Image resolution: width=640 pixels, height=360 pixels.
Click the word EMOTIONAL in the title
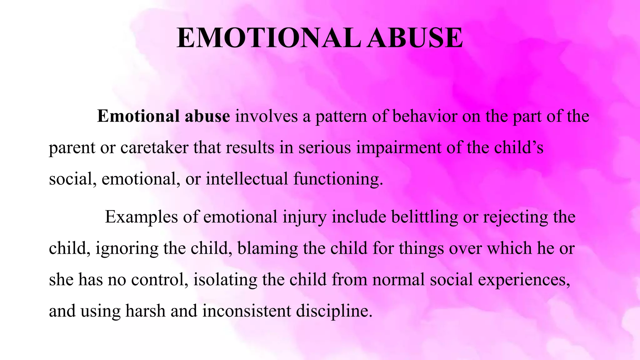[x=268, y=38]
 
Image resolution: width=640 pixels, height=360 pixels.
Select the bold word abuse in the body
[x=207, y=116]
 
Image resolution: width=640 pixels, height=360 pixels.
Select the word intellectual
[x=247, y=179]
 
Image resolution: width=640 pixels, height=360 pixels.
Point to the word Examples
[x=141, y=217]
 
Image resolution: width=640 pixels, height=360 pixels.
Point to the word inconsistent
[x=247, y=311]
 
